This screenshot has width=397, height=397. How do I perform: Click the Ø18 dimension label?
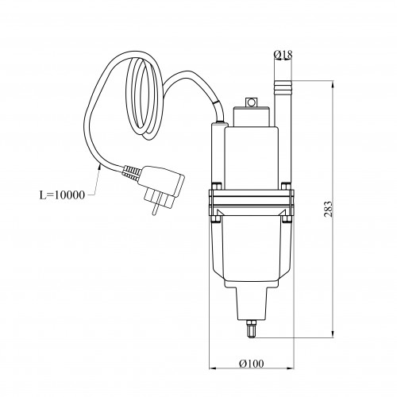pos(283,55)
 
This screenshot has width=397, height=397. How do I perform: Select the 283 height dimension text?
pos(328,209)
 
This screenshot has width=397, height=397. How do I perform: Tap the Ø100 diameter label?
pos(252,364)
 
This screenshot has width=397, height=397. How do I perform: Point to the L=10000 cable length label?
pos(62,195)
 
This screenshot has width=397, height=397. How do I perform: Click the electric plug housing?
pos(161,181)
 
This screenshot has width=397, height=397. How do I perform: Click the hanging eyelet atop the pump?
pos(251,102)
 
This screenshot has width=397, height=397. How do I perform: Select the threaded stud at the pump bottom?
pos(251,329)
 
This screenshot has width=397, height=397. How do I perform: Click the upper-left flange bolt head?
pos(217,186)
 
